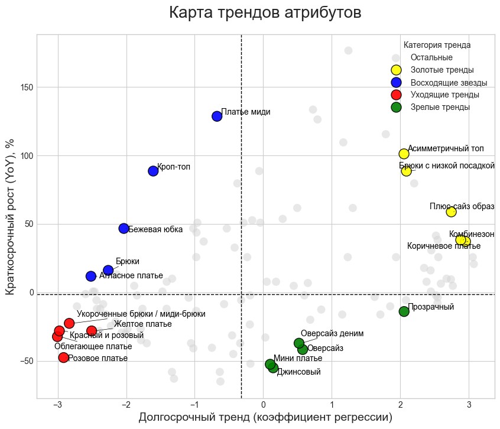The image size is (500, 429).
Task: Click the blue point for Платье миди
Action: (217, 116)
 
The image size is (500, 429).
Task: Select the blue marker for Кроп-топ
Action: (153, 171)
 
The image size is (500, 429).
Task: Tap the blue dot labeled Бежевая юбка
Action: (124, 228)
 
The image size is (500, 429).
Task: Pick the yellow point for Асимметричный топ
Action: (404, 154)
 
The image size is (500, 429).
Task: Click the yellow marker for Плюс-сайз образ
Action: (451, 212)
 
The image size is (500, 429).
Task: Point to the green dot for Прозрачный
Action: (404, 311)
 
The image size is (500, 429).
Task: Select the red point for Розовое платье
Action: (63, 357)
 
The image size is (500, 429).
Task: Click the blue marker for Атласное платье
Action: (91, 276)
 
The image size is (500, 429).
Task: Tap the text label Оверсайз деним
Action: (332, 334)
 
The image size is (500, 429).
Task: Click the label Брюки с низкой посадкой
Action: (447, 165)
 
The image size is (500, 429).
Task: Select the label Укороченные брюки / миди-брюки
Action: (141, 314)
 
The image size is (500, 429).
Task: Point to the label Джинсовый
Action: (298, 372)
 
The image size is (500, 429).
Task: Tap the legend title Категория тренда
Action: (437, 45)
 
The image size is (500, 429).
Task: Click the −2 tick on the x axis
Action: (126, 404)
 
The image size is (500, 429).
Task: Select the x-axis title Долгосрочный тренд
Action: (265, 417)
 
